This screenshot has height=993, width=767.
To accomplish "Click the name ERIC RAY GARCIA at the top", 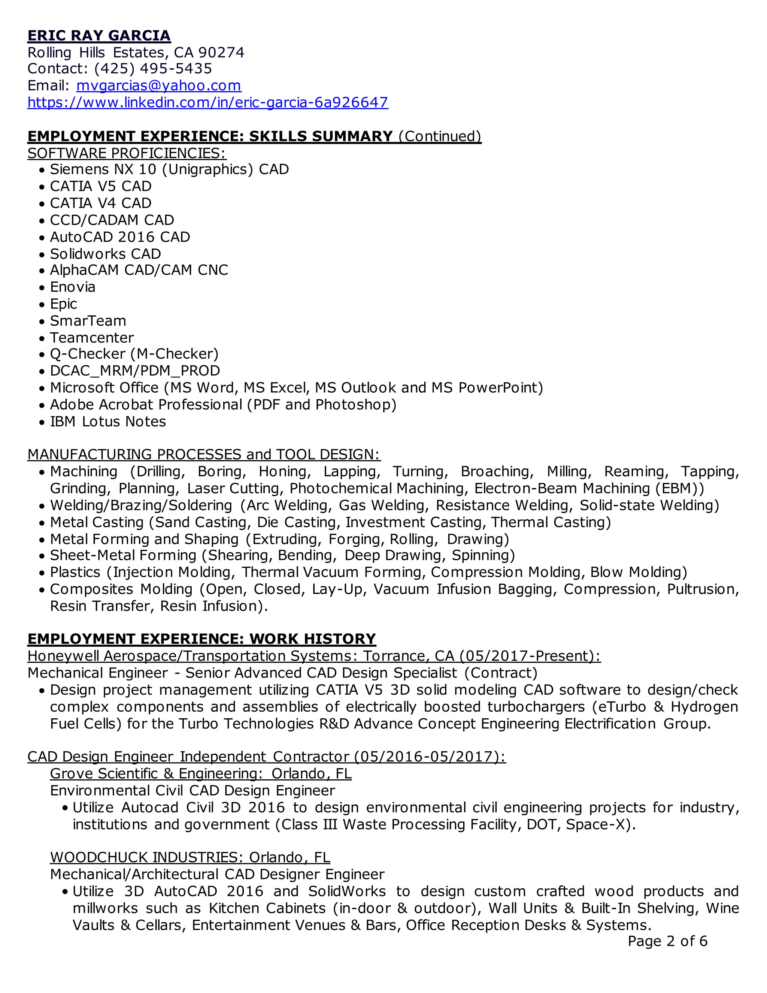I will tap(99, 36).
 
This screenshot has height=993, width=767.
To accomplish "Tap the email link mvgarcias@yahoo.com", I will tap(158, 85).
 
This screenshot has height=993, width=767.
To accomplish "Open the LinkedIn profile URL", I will tap(207, 102).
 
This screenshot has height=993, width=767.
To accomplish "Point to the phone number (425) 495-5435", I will tap(153, 69).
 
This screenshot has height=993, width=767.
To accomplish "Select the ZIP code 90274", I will tap(221, 53).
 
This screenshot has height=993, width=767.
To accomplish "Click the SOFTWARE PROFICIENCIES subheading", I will tap(127, 153).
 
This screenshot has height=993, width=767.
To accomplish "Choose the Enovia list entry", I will tap(73, 287).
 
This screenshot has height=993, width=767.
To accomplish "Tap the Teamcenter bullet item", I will tap(92, 338).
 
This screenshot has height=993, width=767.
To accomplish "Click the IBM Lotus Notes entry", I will tap(108, 422).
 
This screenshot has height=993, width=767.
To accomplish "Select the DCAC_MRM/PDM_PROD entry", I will tap(135, 371).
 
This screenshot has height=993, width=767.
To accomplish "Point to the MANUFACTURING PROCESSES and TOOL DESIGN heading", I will tap(204, 455).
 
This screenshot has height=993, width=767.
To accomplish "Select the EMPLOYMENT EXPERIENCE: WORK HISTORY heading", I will tap(202, 639).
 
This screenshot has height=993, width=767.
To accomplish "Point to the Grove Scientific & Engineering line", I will tap(201, 773).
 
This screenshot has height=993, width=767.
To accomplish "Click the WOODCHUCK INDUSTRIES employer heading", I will tap(190, 857).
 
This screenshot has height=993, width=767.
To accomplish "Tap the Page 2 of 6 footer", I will tap(667, 941).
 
